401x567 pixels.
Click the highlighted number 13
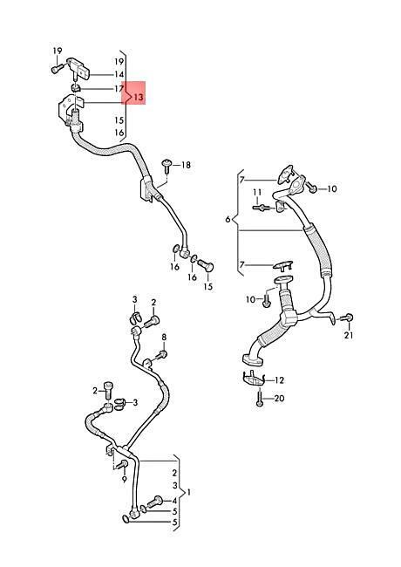(x=139, y=97)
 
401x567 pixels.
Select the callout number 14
(x=119, y=74)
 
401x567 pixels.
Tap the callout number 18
(x=186, y=165)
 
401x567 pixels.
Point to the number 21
(x=348, y=335)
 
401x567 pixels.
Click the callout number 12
(x=279, y=380)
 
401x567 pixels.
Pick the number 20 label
(x=279, y=398)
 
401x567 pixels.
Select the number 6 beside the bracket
(x=228, y=219)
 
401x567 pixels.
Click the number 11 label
(x=257, y=192)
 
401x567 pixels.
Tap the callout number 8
(x=164, y=337)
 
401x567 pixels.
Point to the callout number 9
(x=125, y=480)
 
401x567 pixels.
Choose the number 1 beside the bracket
(x=188, y=492)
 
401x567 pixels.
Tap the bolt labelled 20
(x=260, y=399)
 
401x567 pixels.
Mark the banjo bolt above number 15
(x=206, y=267)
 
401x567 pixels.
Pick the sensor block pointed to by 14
(x=78, y=68)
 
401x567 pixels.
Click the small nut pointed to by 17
(x=76, y=87)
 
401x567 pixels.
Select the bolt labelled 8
(x=162, y=355)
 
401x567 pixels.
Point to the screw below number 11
(x=260, y=208)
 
